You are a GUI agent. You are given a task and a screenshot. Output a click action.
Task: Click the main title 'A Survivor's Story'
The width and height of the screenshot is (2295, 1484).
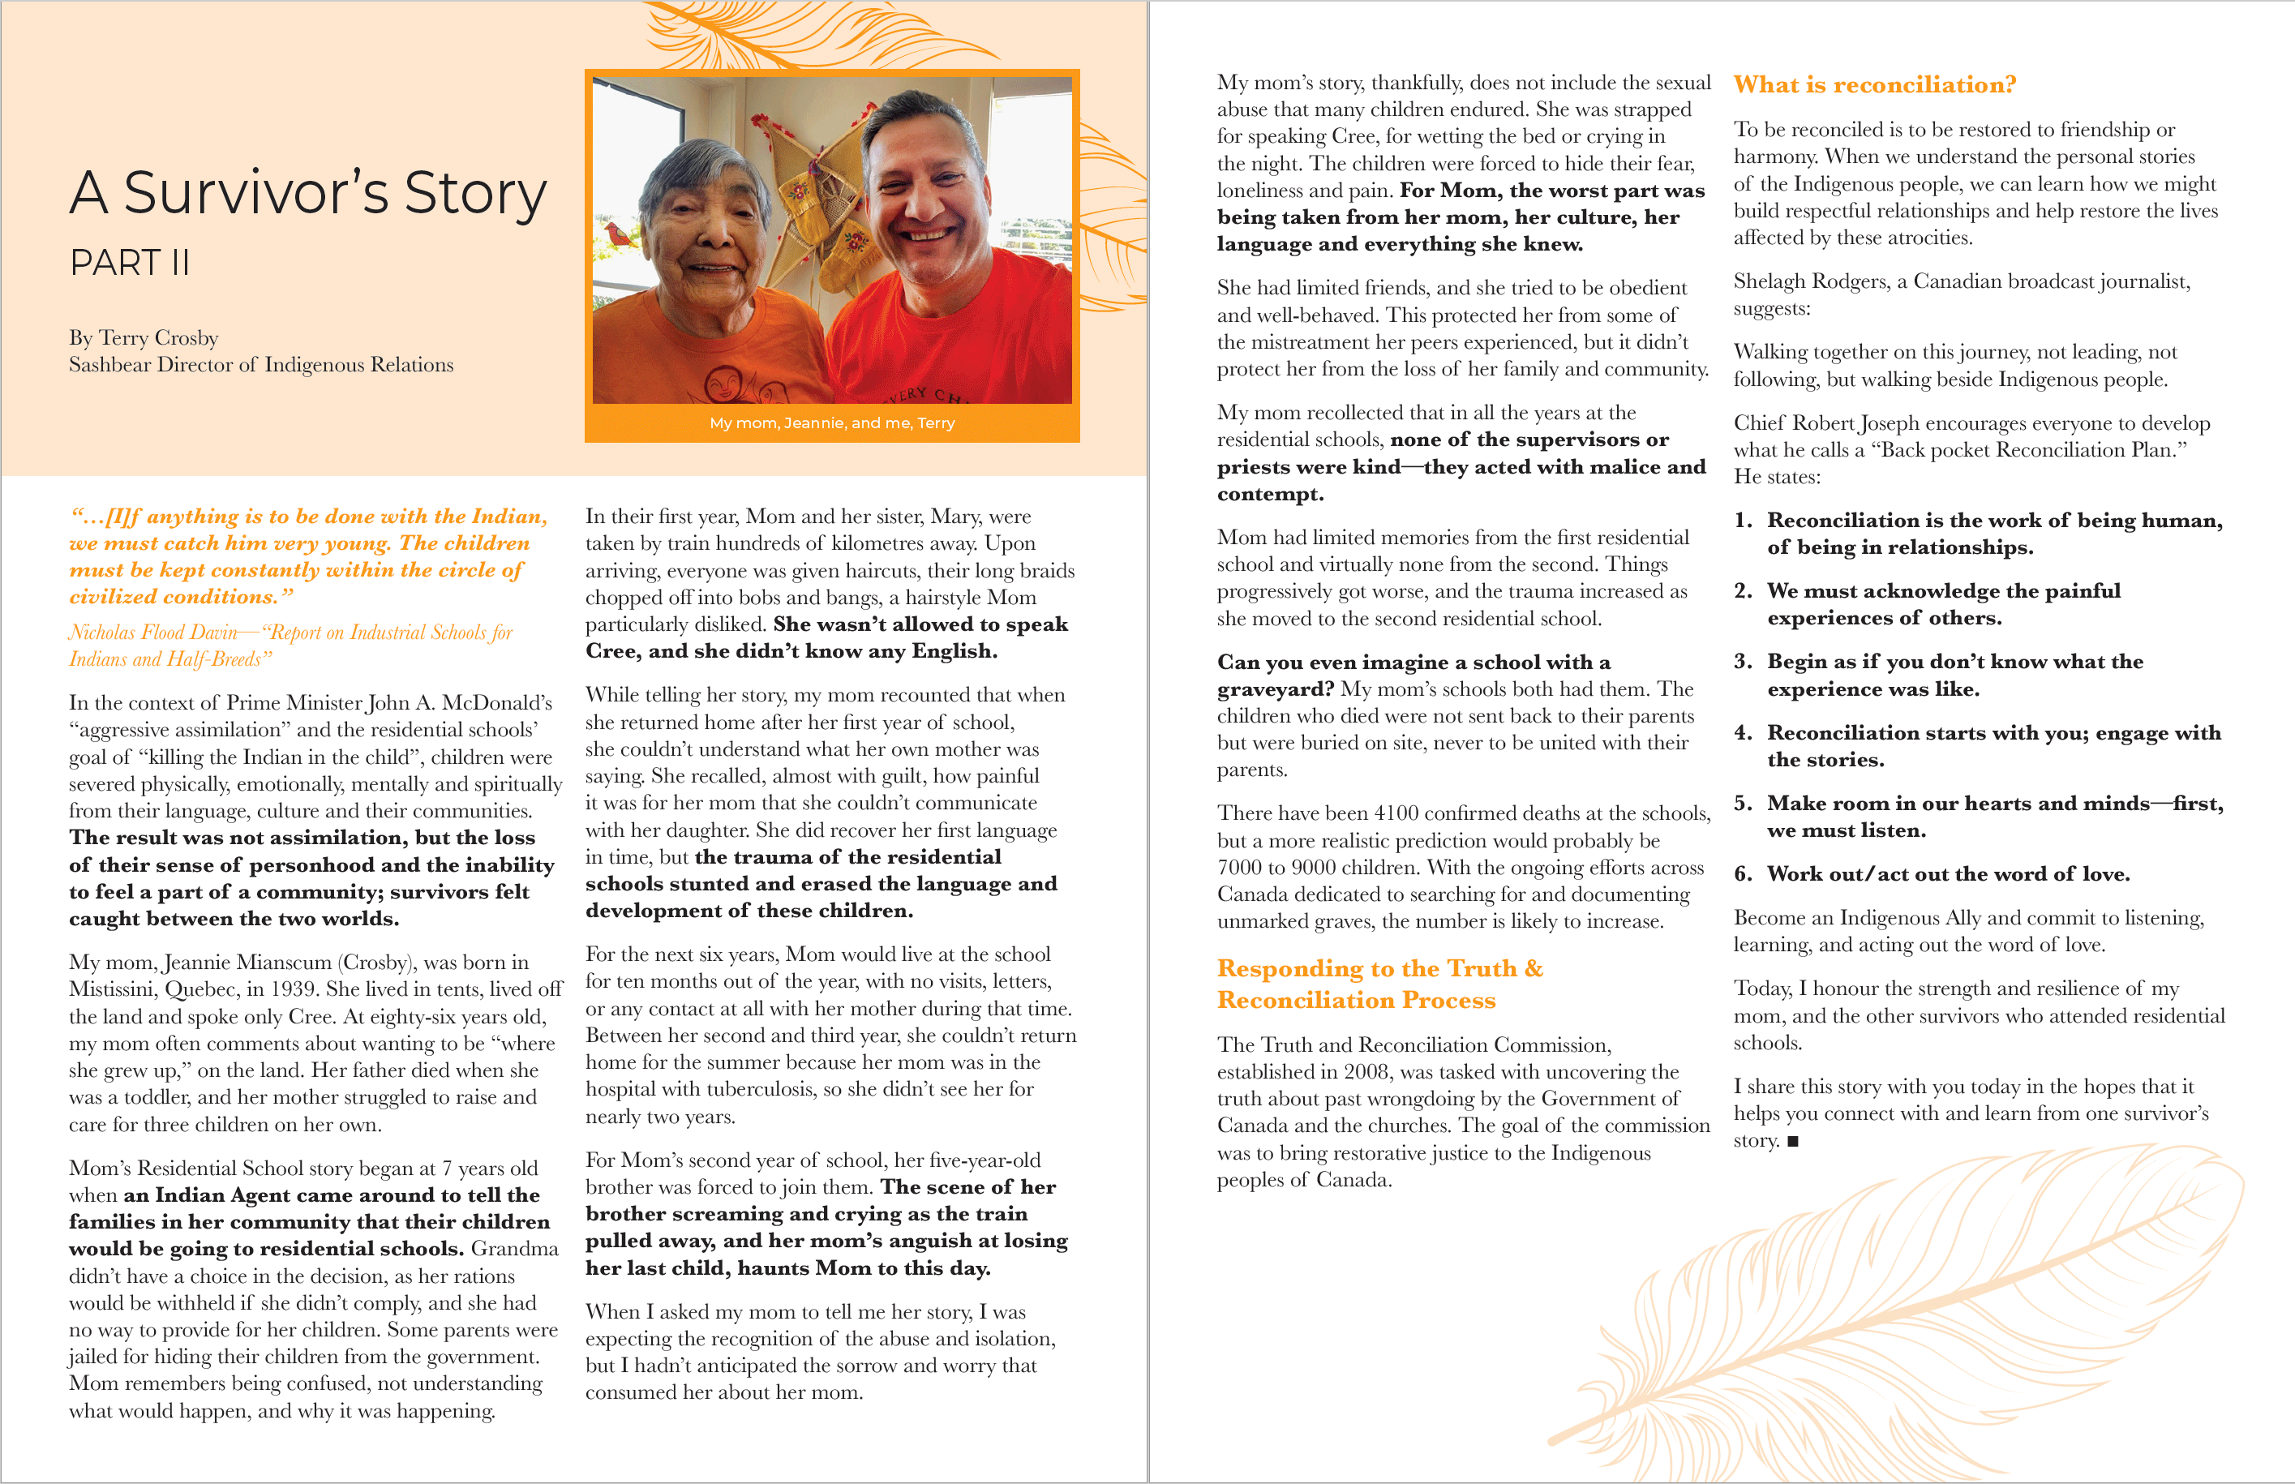click(x=307, y=193)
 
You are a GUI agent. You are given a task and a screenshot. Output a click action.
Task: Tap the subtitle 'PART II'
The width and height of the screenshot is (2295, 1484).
click(x=129, y=262)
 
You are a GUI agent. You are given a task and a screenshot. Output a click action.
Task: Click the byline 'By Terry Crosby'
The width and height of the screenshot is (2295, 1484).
click(x=144, y=338)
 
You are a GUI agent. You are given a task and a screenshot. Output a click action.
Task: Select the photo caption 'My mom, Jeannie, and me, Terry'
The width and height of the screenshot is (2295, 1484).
click(x=831, y=423)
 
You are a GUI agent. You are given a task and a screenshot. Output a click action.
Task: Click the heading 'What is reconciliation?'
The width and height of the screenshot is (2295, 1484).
click(x=1874, y=85)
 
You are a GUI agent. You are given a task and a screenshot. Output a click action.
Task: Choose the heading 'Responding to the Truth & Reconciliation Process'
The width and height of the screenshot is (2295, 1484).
click(x=1379, y=984)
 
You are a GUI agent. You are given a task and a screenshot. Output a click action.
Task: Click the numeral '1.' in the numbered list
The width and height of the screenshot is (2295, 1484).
click(x=1743, y=521)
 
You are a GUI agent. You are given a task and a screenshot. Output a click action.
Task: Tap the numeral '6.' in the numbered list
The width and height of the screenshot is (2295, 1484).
click(x=1743, y=874)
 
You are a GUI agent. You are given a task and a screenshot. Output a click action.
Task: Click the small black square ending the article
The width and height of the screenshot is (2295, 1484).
click(x=1792, y=1142)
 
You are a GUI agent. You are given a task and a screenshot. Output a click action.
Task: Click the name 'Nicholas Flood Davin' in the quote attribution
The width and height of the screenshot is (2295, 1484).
click(x=153, y=633)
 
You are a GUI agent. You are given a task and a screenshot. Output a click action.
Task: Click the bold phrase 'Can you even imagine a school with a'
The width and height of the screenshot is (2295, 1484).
click(x=1413, y=662)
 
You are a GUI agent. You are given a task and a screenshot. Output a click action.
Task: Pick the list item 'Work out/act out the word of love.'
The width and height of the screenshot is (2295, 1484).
click(x=1947, y=874)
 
